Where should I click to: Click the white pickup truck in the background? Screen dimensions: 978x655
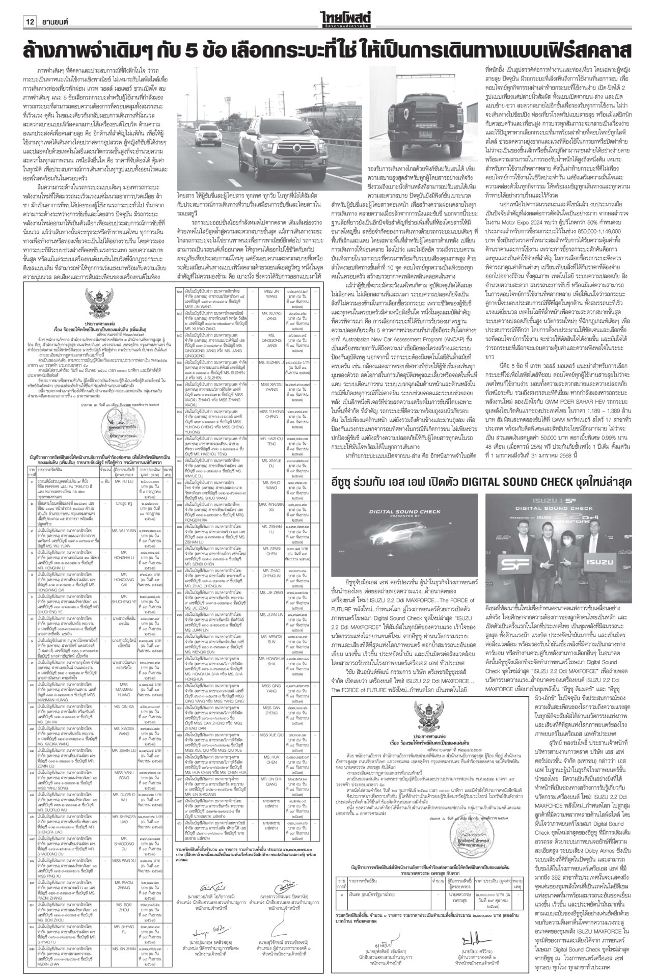tap(208, 132)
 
